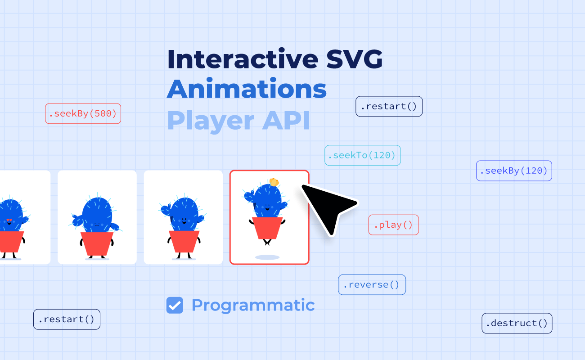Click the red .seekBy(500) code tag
point(83,113)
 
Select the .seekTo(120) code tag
point(363,155)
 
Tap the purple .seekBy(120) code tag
point(514,171)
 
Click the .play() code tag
point(393,225)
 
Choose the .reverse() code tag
point(372,284)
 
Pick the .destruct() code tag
point(517,323)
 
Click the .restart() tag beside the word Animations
point(389,106)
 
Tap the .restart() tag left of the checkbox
point(67,319)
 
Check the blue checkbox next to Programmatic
point(175,305)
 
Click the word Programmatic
point(253,306)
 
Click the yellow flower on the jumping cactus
point(274,182)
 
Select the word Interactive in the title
point(243,59)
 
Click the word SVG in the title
point(355,59)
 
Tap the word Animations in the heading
point(247,89)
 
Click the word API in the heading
point(286,120)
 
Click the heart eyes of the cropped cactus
point(9,220)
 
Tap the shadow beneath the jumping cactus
point(267,257)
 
